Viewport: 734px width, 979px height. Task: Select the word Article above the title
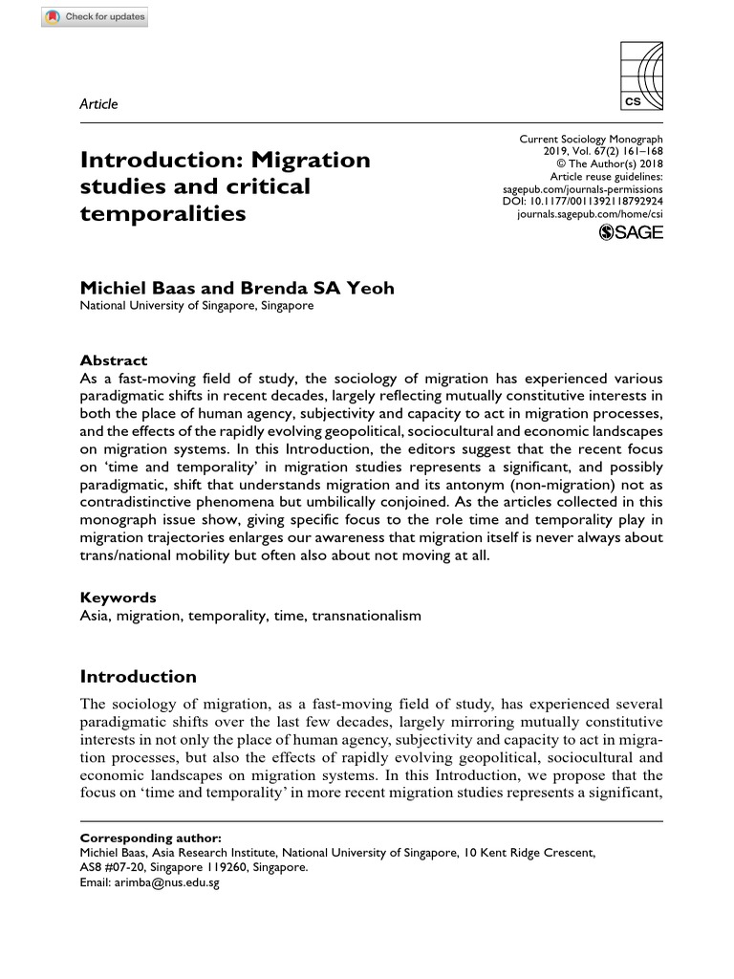[x=98, y=104]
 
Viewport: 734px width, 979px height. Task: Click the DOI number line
[x=582, y=203]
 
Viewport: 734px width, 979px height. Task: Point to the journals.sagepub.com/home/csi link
[x=590, y=216]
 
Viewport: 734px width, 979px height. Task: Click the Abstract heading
[x=113, y=360]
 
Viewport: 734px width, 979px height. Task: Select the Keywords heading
[x=118, y=598]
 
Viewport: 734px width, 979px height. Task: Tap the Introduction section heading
[x=138, y=677]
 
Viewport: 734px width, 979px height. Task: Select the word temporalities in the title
[x=162, y=213]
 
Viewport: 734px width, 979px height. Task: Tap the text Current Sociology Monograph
[x=591, y=140]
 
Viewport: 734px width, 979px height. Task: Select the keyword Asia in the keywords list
[x=95, y=616]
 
